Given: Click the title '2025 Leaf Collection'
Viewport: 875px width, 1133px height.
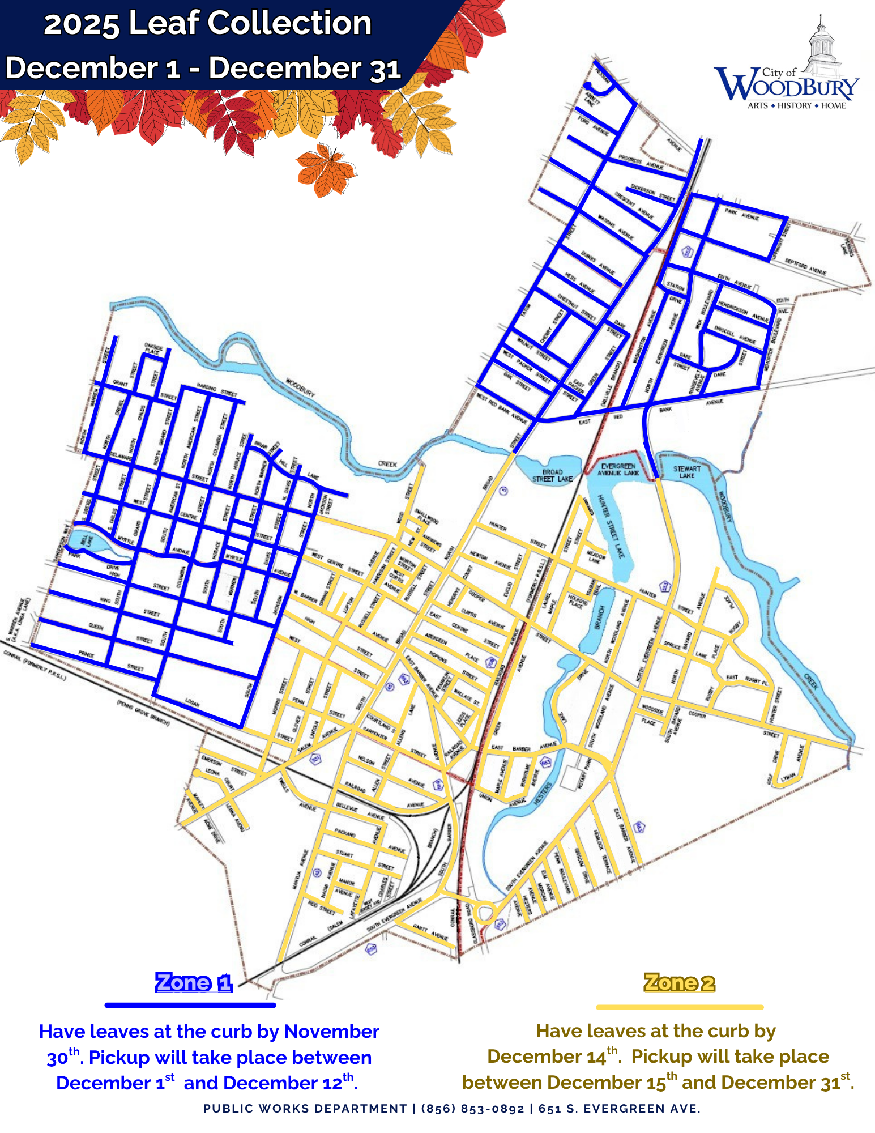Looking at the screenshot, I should coord(207,24).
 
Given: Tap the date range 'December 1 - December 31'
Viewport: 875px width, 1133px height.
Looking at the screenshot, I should coord(203,69).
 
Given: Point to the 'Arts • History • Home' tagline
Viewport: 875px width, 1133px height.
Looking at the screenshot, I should coord(796,106).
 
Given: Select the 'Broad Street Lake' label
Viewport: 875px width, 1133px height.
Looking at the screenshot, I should coord(552,475).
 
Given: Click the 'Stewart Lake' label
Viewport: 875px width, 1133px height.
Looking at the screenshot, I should coord(686,472).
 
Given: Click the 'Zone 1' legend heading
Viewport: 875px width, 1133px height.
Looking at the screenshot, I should coord(194,982).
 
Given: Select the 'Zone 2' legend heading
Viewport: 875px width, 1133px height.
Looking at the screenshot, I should coord(679,982).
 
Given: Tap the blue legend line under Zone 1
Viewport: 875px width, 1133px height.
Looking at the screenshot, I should coord(190,1005).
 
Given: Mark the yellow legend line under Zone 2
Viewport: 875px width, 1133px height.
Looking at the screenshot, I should coord(680,1007).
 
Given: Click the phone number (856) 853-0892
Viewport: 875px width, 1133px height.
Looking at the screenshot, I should coord(472,1109).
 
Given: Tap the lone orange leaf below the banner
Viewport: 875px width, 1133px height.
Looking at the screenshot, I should coord(325,168).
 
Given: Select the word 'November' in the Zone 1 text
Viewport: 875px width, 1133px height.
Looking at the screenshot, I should coord(331,1032).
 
